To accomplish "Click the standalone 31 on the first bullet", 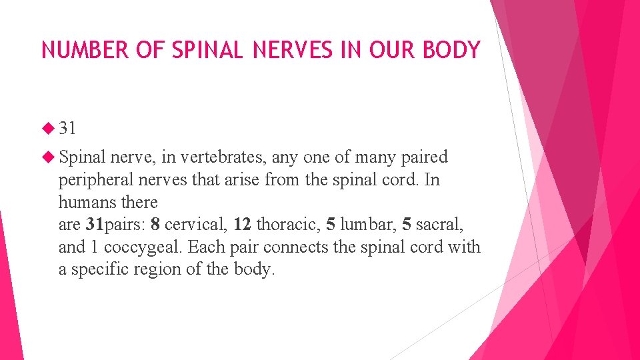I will tap(67, 127).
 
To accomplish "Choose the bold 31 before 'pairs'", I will tap(95, 225).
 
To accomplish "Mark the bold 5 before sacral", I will tap(407, 225).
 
